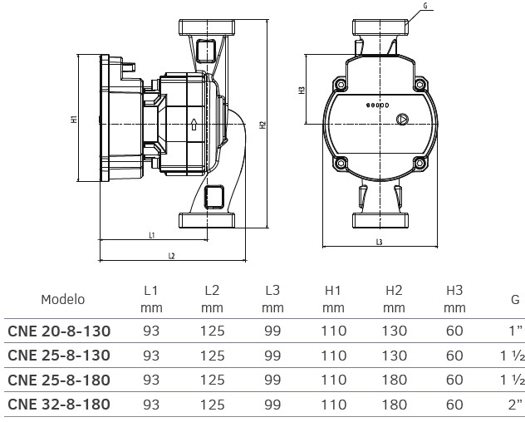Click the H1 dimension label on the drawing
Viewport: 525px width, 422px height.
(x=74, y=119)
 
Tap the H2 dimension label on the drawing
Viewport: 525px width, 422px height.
(x=262, y=125)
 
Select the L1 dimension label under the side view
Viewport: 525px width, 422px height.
(x=152, y=236)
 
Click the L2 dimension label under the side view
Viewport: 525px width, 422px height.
(x=171, y=255)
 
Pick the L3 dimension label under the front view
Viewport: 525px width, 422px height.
(x=378, y=243)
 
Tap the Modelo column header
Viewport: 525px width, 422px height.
(x=63, y=299)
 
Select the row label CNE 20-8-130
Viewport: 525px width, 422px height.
(x=59, y=331)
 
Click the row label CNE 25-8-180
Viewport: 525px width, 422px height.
(x=59, y=380)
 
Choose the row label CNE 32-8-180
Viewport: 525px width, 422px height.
(x=59, y=405)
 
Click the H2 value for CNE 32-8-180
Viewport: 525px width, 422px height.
(x=394, y=405)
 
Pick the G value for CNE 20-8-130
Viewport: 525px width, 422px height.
(x=514, y=331)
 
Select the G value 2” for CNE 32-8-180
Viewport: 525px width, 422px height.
(x=513, y=405)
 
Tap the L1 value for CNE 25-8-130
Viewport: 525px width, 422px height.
(x=151, y=356)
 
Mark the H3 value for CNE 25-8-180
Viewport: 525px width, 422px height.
(x=454, y=380)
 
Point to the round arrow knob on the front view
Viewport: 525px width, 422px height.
(x=402, y=120)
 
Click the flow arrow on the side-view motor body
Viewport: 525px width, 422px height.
(x=193, y=127)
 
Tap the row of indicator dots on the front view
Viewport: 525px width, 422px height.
(x=378, y=107)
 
